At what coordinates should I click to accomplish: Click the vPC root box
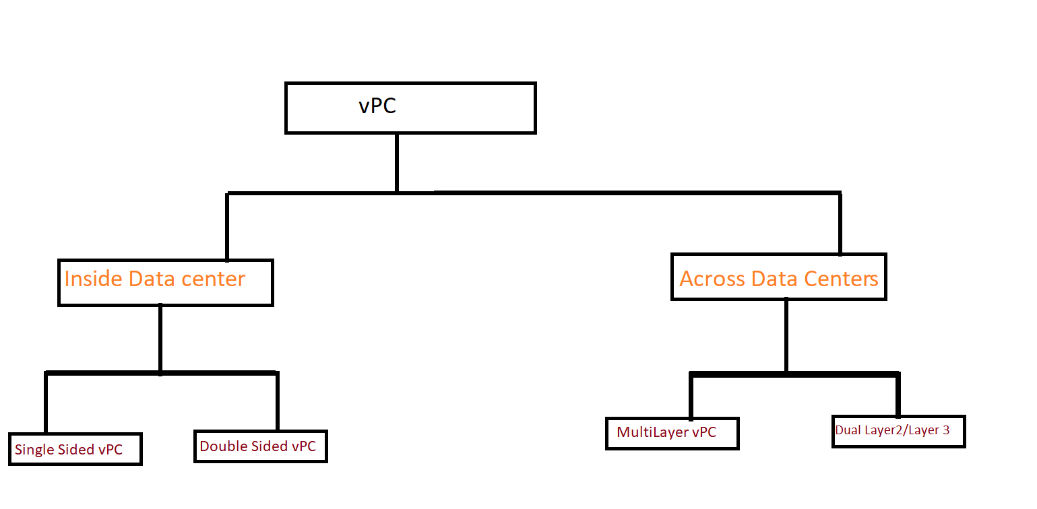pos(410,108)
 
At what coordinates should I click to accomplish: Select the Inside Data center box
pos(165,283)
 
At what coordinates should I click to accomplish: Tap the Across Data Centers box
pos(778,277)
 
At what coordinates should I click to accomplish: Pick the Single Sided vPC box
pos(75,449)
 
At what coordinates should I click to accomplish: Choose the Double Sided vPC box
pos(260,446)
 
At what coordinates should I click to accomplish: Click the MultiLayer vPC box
pos(672,433)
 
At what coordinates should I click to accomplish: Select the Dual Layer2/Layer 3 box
pos(899,432)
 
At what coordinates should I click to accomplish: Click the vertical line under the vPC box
pos(397,163)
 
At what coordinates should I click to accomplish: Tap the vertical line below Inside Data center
pos(160,339)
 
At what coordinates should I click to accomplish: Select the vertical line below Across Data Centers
pos(786,335)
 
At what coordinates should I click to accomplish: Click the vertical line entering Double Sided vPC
pos(277,401)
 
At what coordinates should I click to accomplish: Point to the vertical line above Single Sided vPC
pos(46,402)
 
